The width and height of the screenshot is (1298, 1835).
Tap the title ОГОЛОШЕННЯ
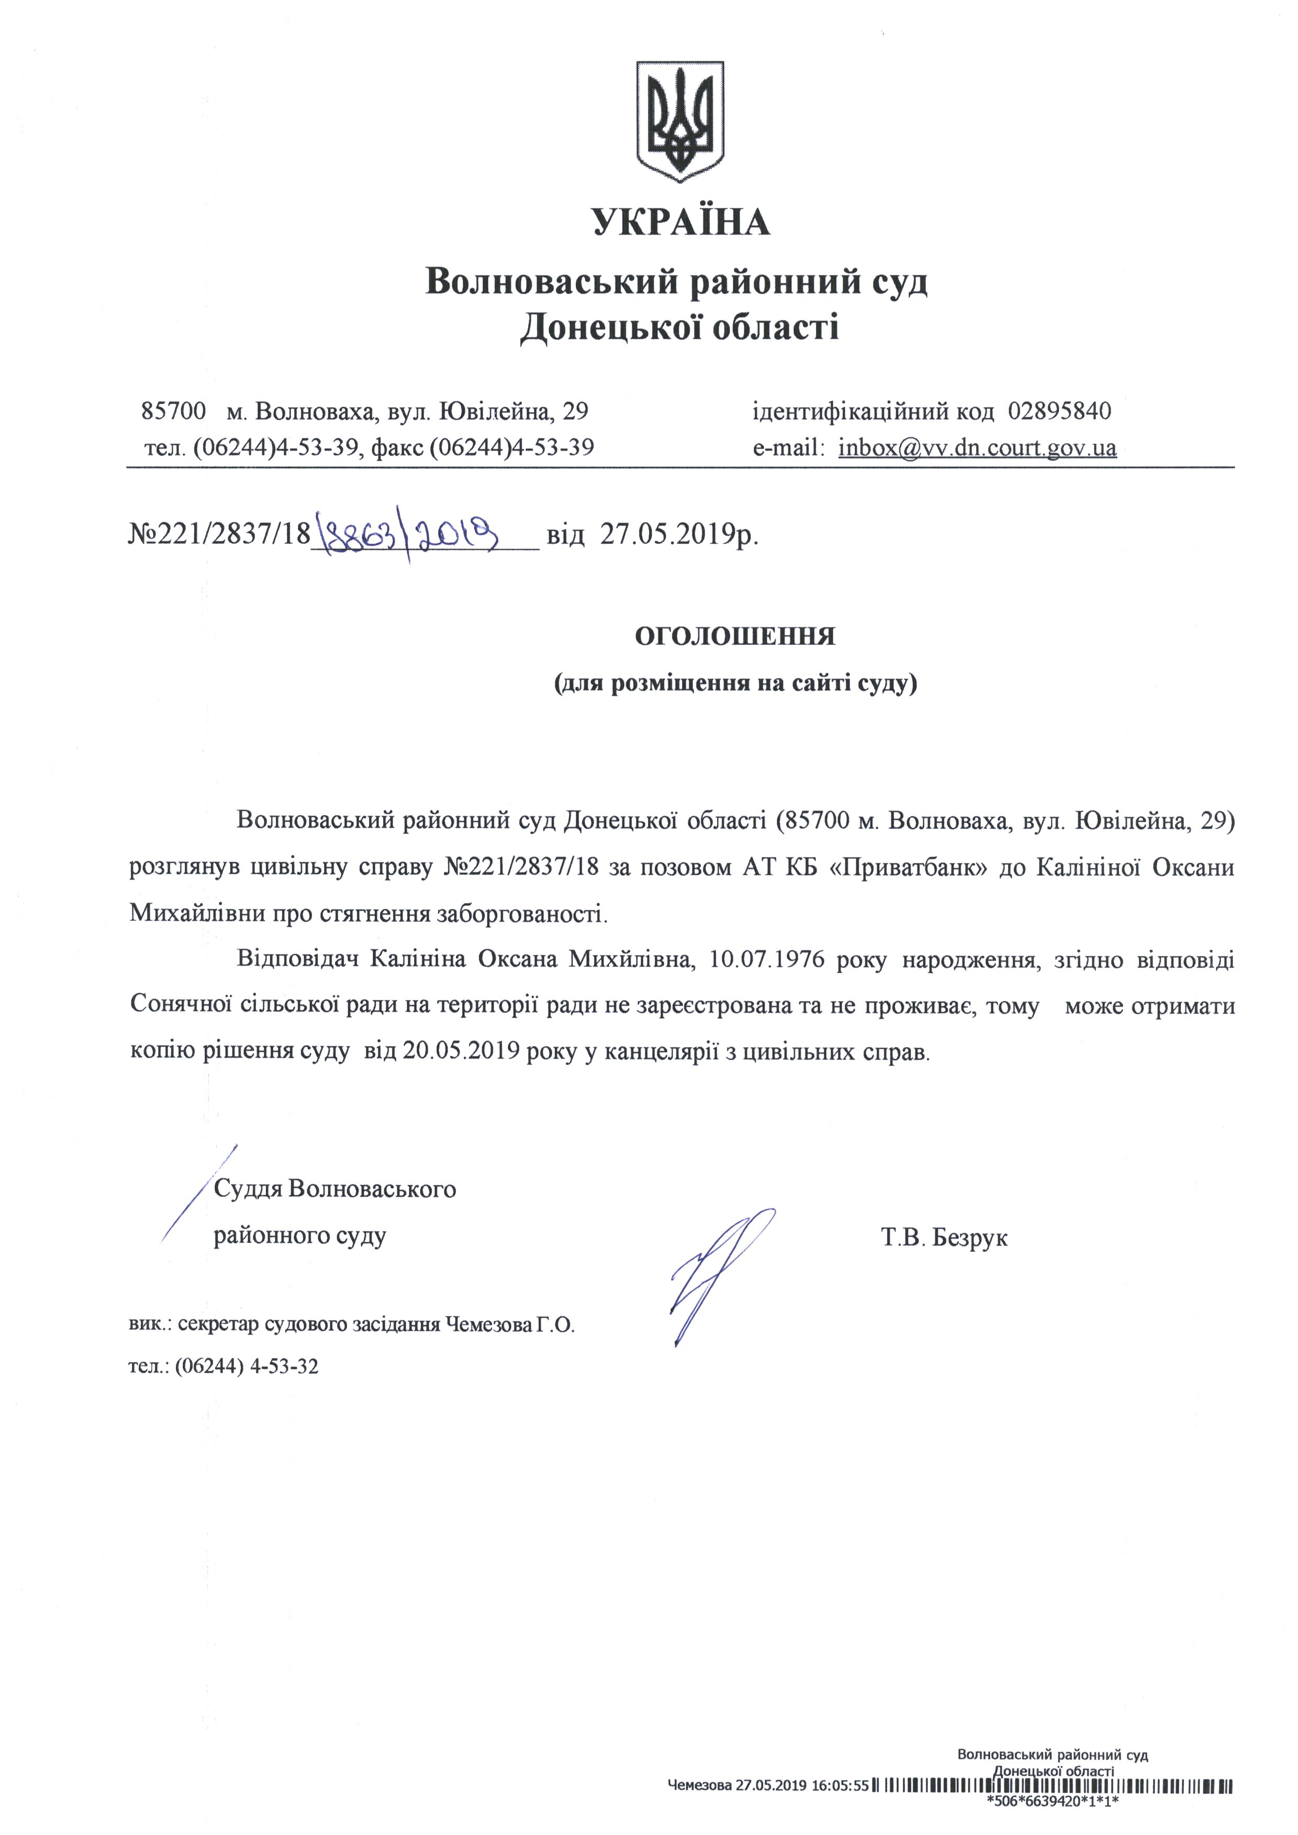(x=734, y=637)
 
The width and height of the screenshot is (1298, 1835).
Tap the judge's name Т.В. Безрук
(x=944, y=1239)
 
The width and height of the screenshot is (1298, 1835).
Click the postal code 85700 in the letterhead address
(x=173, y=412)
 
